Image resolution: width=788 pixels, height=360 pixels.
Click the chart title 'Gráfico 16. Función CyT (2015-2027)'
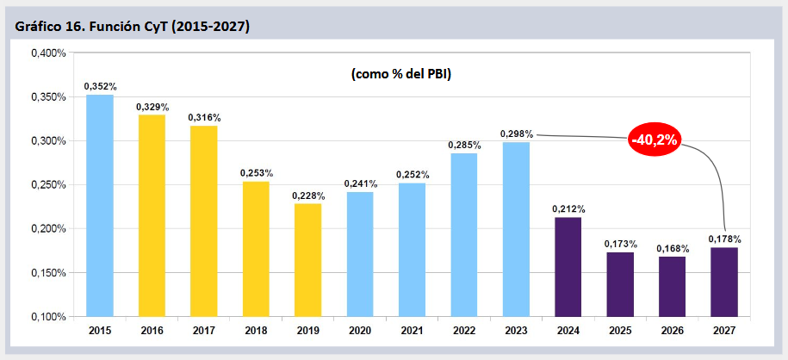point(133,27)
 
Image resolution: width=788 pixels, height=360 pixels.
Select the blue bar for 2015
point(100,206)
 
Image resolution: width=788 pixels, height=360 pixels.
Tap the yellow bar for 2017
point(203,221)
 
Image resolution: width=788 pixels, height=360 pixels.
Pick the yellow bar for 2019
point(307,260)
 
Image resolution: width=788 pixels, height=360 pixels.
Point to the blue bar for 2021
point(412,250)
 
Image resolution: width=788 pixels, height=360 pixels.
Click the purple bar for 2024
point(568,267)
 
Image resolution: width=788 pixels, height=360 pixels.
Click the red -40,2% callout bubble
point(655,140)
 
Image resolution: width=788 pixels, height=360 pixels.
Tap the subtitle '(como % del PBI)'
point(400,74)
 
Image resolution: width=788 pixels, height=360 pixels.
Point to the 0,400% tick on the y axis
point(49,53)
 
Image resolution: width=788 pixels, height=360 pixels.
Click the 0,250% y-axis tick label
point(49,185)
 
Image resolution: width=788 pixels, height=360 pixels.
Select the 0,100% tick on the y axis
point(49,317)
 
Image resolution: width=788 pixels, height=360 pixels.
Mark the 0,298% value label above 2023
point(516,134)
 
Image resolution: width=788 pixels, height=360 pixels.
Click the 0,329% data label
point(152,107)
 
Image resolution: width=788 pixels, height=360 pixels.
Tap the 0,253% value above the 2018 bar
point(257,173)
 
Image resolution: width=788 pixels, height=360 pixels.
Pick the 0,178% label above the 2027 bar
point(724,239)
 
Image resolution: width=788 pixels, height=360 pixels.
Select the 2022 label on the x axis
point(464,331)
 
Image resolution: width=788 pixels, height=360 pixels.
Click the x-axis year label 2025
point(620,331)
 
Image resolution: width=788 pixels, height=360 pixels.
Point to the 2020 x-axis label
point(360,331)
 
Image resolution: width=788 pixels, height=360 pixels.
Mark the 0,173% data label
point(621,245)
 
